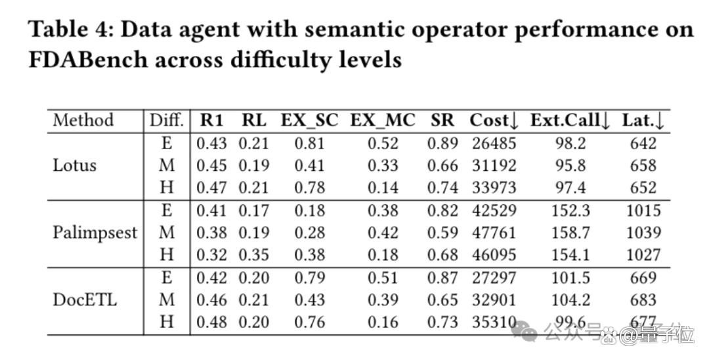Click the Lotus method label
75,166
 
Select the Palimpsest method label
95,233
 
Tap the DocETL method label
85,300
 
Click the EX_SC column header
309,121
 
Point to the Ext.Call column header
570,121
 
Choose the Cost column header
494,121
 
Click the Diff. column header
167,121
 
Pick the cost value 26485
494,143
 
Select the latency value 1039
643,233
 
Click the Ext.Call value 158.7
570,233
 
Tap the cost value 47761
494,233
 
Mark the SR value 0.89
442,143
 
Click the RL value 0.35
253,255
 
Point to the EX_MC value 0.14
383,188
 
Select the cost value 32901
494,300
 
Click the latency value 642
643,143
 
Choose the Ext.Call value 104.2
570,300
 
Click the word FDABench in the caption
88,60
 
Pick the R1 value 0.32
211,255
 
